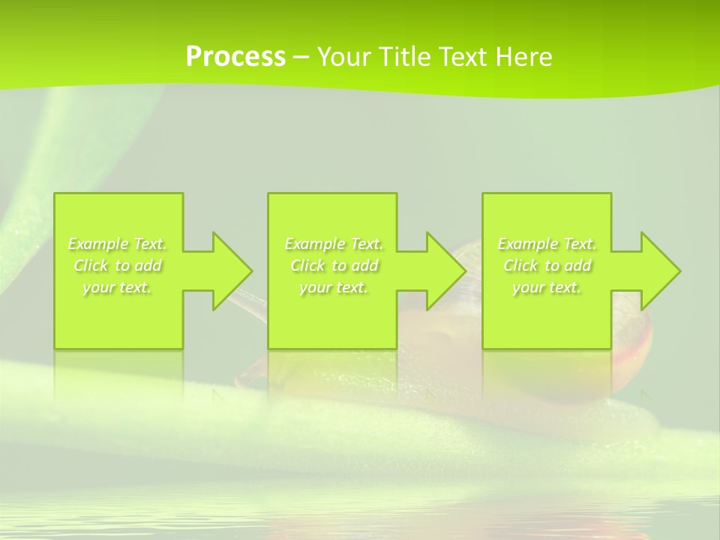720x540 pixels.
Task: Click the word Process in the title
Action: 235,57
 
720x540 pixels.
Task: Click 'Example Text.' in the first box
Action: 117,244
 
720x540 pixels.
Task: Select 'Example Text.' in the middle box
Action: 334,244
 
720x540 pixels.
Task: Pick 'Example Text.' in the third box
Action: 547,244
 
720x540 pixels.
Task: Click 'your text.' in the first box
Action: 117,287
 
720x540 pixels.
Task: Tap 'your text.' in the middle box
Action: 334,287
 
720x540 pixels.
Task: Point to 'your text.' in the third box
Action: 547,287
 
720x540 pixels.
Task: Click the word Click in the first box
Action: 91,265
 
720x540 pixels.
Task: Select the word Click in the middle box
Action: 307,265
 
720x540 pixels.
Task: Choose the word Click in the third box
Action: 520,265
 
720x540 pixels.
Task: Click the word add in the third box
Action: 577,265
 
